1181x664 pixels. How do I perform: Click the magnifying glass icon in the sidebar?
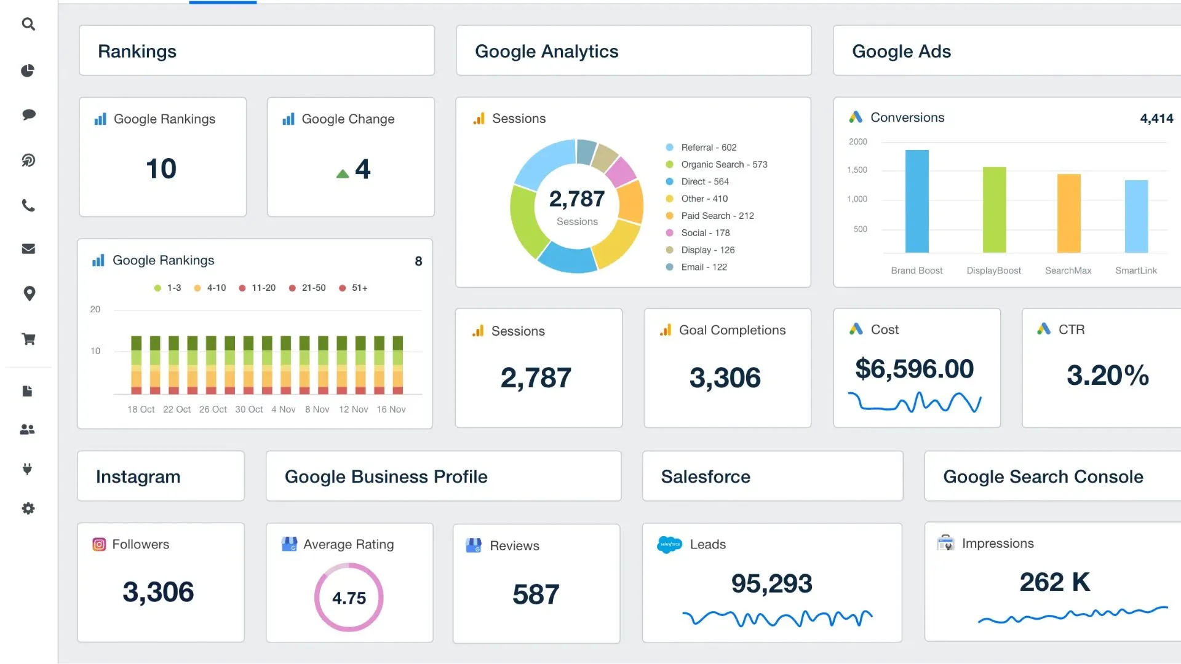pos(28,24)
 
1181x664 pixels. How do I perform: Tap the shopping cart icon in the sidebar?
pos(28,339)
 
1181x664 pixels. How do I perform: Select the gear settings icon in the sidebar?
pos(28,508)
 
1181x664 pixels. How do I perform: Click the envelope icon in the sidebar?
pos(28,249)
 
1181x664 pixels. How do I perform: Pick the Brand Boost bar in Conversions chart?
pos(917,201)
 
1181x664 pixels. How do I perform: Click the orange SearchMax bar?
pos(1068,213)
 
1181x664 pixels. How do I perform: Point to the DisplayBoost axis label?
pos(993,271)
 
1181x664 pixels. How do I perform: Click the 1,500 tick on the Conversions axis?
pos(857,170)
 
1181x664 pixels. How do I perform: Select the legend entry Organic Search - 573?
pos(723,165)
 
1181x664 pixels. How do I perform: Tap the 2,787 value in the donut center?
pos(577,199)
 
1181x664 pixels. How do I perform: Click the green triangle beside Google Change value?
pos(343,174)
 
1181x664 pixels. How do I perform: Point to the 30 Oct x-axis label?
pos(249,409)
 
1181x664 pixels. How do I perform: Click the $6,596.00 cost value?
pos(914,369)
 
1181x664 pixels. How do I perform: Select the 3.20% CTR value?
pos(1107,375)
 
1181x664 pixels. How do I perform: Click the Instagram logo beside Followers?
pos(99,544)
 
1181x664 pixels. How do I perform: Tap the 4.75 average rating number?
pos(349,598)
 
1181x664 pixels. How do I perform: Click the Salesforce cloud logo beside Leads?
pos(669,544)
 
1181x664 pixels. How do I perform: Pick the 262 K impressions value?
pos(1054,582)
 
